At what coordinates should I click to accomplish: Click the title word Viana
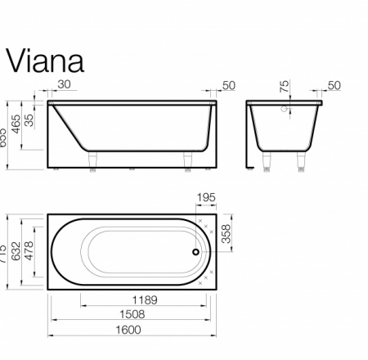(45, 59)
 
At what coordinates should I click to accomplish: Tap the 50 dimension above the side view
(228, 86)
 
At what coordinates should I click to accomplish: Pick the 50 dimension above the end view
(333, 86)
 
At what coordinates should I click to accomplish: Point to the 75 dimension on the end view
(284, 88)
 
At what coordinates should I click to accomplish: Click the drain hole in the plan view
(195, 252)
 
